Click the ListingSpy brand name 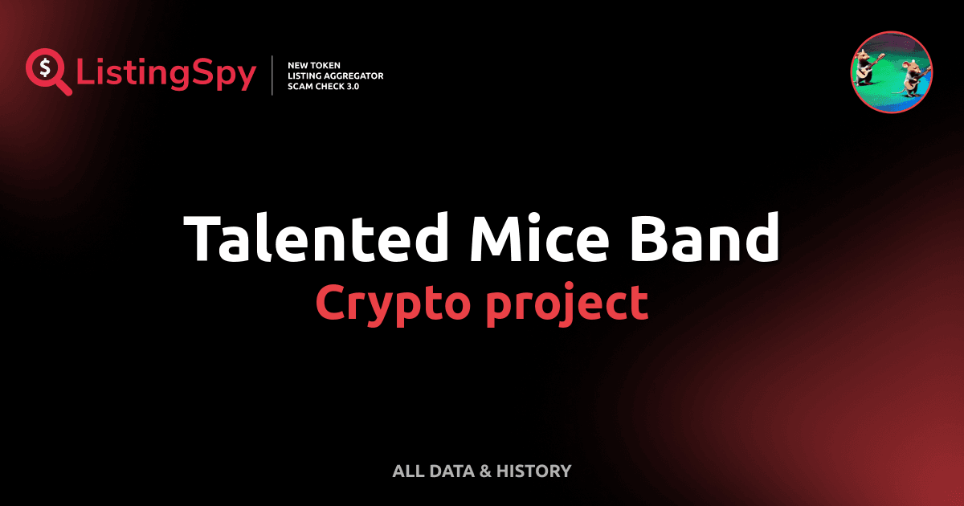point(166,75)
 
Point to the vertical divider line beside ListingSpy point(273,75)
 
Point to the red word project point(566,304)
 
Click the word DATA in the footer point(451,471)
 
